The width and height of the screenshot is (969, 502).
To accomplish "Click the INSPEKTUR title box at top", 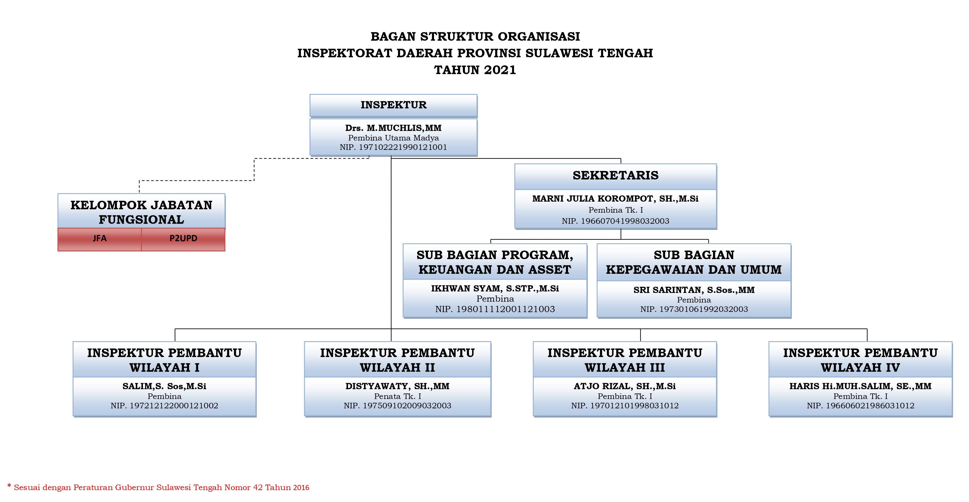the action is click(x=394, y=105).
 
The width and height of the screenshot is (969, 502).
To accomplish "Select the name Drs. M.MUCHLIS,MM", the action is click(x=394, y=128).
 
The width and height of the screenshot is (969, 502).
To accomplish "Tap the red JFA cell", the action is click(x=100, y=239).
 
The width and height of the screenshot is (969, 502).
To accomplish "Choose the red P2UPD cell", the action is click(x=183, y=239).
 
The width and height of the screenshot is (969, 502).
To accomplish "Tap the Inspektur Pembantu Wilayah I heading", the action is click(x=164, y=360).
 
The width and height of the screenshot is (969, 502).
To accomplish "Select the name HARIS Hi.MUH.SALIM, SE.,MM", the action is click(x=860, y=386).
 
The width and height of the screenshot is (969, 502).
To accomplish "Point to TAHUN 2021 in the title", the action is click(x=475, y=70).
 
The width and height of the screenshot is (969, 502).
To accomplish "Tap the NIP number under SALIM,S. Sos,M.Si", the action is click(x=164, y=406).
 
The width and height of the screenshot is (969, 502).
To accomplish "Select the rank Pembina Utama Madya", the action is click(x=394, y=138).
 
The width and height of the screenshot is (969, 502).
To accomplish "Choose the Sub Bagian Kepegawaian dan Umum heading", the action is click(x=694, y=262).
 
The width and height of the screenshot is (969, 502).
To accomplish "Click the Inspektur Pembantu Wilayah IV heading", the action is click(x=860, y=360).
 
